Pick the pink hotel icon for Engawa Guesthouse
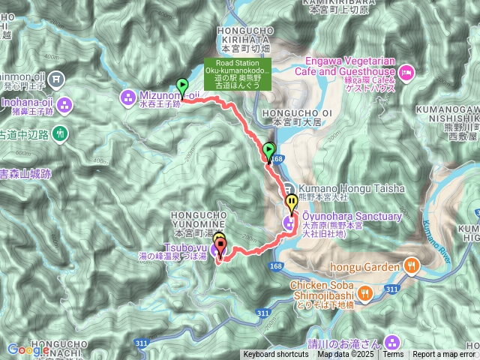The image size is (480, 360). pyautogui.click(x=405, y=72)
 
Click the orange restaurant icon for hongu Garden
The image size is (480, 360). pyautogui.click(x=412, y=265)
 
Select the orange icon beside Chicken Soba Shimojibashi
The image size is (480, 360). pyautogui.click(x=364, y=293)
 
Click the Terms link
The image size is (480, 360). pyautogui.click(x=393, y=355)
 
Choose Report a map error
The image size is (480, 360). pyautogui.click(x=444, y=355)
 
